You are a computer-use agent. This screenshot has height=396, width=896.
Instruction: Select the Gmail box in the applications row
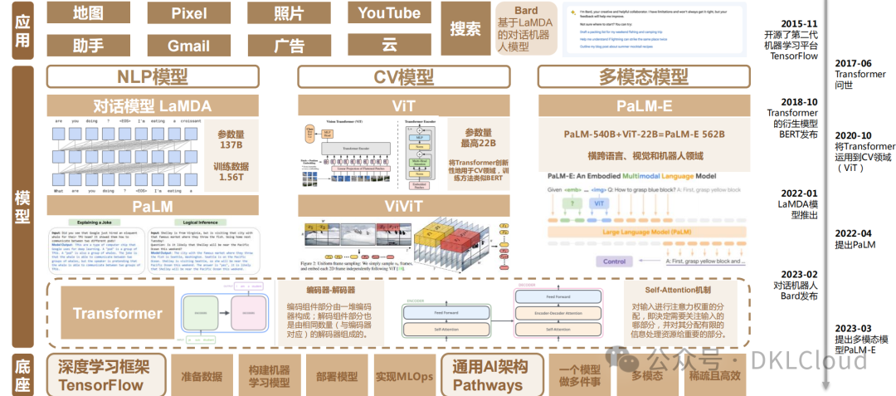coord(188,46)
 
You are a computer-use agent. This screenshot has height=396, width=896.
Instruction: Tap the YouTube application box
coord(390,13)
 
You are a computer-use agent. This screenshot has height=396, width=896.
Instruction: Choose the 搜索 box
coord(465,29)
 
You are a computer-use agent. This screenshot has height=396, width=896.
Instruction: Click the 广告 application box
coord(290,46)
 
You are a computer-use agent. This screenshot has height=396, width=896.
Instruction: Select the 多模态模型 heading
coord(643,77)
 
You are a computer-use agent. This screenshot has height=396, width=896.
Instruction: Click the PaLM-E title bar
coord(643,105)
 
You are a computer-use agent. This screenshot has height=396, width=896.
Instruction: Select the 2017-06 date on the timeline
coord(854,63)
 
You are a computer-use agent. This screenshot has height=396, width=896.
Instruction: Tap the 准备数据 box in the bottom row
coord(201,375)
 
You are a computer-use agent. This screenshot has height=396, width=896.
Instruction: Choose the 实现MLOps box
coord(404,375)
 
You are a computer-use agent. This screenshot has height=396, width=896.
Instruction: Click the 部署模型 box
coord(337,375)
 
